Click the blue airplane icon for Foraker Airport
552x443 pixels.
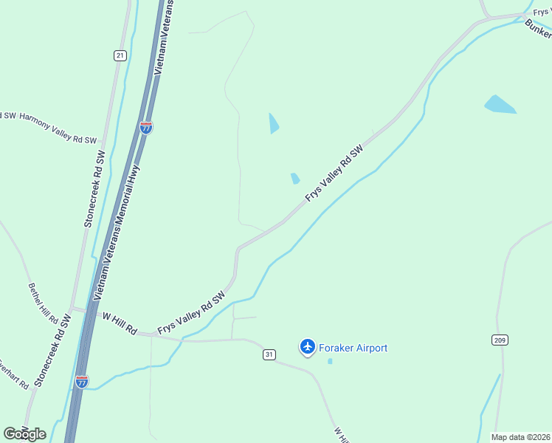(308, 346)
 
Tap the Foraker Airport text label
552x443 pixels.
(353, 348)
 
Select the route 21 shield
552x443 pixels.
(120, 55)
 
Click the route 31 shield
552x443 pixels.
(269, 355)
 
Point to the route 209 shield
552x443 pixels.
(499, 339)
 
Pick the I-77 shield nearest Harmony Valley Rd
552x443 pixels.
(146, 127)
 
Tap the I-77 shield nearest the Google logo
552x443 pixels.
(82, 382)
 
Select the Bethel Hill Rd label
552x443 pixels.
(43, 303)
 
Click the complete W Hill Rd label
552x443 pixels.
(120, 323)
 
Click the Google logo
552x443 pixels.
(24, 434)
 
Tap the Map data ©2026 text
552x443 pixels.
(520, 437)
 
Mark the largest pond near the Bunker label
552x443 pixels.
(500, 104)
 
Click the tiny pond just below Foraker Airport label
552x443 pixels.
(330, 361)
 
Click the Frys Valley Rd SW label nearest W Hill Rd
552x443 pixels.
(190, 314)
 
